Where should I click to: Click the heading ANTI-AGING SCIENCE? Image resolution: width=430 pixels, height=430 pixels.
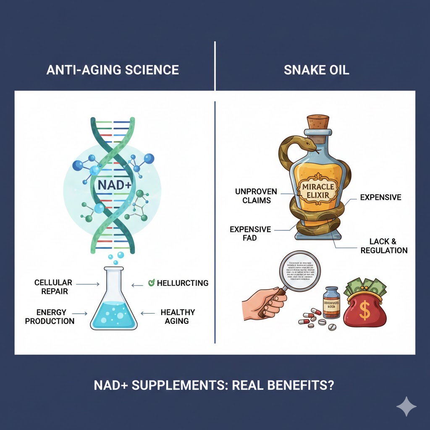point(113,70)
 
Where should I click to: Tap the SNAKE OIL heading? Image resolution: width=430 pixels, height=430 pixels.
point(316,70)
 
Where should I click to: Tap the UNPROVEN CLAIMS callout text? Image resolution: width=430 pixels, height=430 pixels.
point(256,196)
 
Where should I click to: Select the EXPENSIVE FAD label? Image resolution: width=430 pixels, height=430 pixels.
point(250,234)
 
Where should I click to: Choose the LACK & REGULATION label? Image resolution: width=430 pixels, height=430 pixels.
point(388,246)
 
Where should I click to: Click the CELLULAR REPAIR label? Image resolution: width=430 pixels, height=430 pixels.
point(53,286)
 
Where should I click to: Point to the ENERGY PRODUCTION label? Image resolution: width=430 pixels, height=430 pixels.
point(50,317)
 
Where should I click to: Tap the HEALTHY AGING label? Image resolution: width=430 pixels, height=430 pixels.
point(178,317)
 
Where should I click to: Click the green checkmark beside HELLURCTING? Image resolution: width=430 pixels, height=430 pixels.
point(152,283)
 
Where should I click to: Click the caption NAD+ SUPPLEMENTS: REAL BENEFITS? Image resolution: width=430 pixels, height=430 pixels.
point(215,385)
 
